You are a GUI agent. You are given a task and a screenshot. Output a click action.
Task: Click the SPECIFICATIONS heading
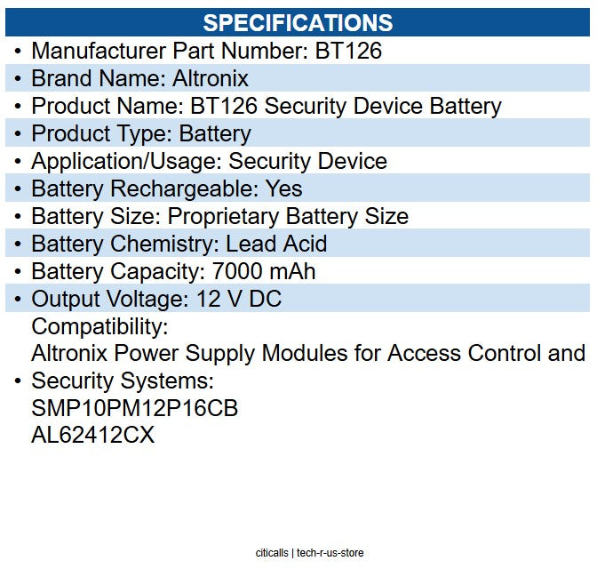298,22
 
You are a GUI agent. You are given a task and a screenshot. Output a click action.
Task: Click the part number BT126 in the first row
348,52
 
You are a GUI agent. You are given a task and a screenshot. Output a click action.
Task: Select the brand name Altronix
211,79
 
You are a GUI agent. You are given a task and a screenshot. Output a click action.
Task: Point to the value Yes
283,189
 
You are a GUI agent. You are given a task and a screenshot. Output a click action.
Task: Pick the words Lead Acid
276,244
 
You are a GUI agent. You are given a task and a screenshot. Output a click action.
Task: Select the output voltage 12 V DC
240,299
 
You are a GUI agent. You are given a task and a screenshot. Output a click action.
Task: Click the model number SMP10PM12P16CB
134,409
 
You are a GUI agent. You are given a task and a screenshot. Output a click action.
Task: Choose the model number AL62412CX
92,437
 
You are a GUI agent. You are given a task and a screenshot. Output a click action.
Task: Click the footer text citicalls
271,553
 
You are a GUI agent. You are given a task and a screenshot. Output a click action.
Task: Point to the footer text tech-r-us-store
330,553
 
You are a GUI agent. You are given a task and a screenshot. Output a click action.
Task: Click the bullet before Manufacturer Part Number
18,52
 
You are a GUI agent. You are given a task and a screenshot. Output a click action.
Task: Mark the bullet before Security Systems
18,381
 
